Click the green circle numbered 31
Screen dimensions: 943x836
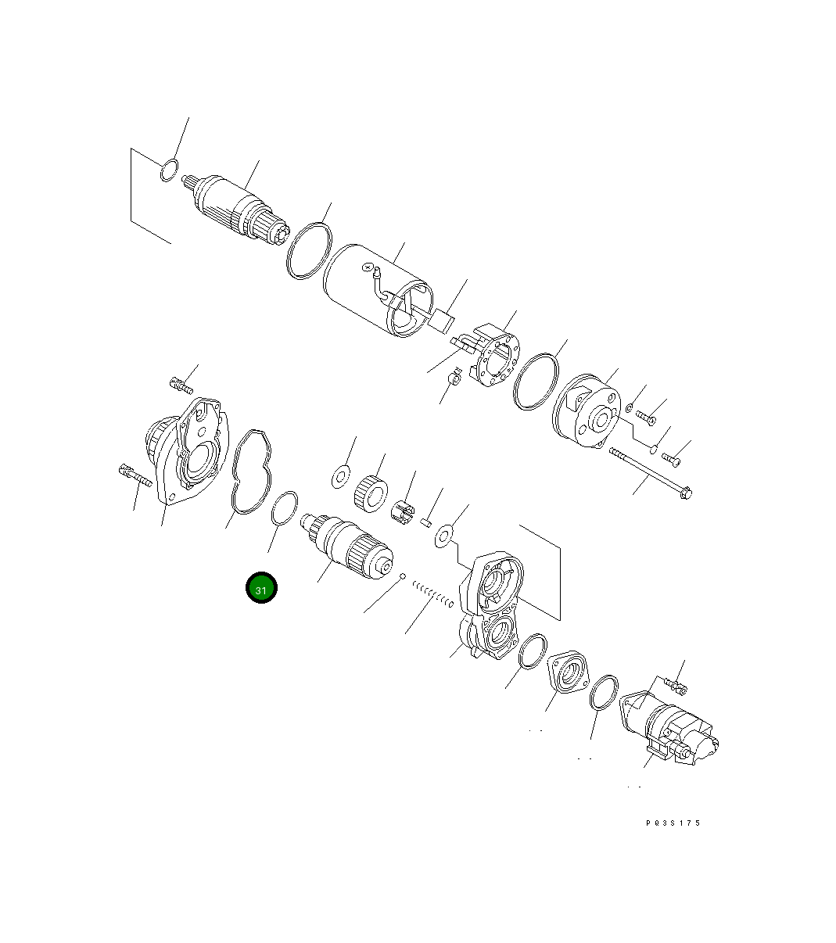pyautogui.click(x=261, y=589)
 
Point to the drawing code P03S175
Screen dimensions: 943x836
pyautogui.click(x=673, y=823)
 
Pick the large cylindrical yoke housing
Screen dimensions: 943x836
pyautogui.click(x=376, y=290)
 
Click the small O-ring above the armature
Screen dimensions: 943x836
pyautogui.click(x=168, y=170)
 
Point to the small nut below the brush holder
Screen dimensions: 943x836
pyautogui.click(x=453, y=380)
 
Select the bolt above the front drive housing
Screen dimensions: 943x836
pyautogui.click(x=181, y=384)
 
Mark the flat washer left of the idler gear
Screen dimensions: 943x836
pyautogui.click(x=340, y=475)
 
